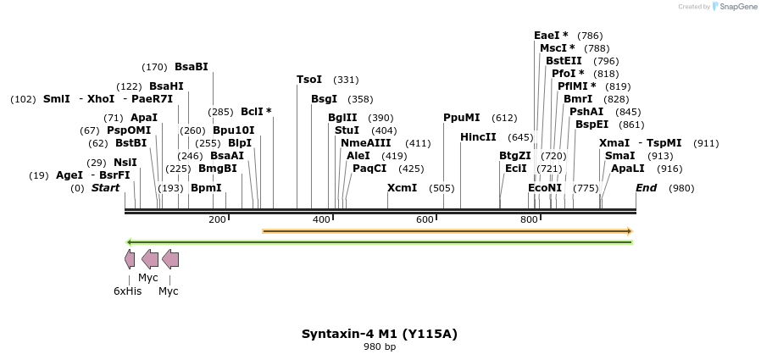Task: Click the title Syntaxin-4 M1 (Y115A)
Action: (380, 334)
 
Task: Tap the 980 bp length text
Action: (380, 347)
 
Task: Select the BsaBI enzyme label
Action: (191, 67)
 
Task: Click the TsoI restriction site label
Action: (309, 80)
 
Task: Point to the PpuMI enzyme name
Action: (462, 118)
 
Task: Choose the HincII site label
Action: (478, 137)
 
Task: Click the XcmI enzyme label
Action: (402, 187)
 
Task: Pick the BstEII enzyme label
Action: (564, 61)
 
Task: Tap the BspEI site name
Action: (592, 125)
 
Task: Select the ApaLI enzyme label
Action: (628, 169)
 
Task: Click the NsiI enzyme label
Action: (125, 163)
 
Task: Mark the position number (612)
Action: (504, 118)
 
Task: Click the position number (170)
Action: (155, 67)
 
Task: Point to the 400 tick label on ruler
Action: (321, 220)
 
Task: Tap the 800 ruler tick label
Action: (529, 220)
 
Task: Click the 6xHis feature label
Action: (128, 291)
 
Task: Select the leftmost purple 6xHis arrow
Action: (129, 259)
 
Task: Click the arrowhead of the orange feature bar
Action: (629, 230)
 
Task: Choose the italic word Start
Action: (105, 187)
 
